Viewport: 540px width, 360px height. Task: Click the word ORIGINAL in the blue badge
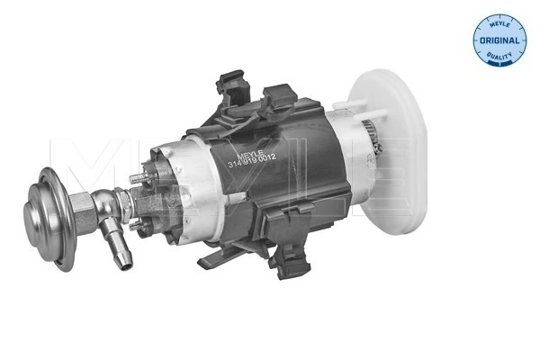[x=499, y=41]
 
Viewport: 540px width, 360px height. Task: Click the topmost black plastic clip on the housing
[x=233, y=86]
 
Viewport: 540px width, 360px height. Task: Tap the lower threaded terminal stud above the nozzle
[x=135, y=225]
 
